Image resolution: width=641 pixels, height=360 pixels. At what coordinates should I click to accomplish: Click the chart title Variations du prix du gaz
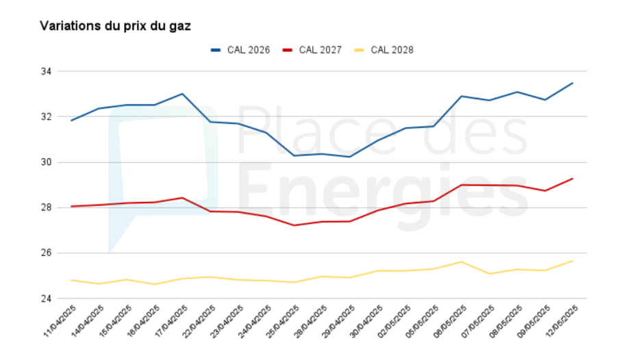(x=115, y=26)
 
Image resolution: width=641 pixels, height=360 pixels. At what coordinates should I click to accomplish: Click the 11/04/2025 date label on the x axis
(x=60, y=321)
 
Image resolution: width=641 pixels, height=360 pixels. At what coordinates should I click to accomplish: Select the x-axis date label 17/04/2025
(x=172, y=321)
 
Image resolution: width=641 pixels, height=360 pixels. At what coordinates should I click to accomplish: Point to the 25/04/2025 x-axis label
(x=284, y=321)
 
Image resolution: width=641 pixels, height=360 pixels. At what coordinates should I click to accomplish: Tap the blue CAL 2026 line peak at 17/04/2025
(x=182, y=94)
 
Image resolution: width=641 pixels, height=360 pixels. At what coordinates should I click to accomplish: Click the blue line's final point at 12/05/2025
(x=573, y=83)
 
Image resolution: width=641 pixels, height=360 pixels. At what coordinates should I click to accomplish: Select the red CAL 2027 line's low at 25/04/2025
(x=294, y=225)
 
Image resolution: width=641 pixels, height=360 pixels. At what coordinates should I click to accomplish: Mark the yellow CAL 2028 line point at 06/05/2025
(x=462, y=261)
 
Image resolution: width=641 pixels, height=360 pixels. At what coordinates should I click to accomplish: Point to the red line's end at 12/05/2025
(x=573, y=179)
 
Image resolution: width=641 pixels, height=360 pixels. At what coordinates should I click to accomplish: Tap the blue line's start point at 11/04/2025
(x=71, y=120)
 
